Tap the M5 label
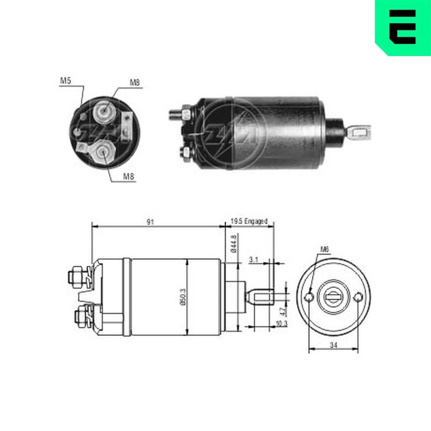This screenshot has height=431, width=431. click(66, 81)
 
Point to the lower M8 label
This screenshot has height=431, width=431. click(129, 176)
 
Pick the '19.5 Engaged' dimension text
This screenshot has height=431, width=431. click(249, 221)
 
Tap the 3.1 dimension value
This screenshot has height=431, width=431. click(253, 260)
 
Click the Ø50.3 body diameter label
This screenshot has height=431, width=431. click(182, 297)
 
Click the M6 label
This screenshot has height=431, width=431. click(325, 249)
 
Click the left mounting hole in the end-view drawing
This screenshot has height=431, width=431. click(309, 297)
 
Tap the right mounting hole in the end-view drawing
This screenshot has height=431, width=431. click(358, 297)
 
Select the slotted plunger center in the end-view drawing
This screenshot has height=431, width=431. click(333, 297)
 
